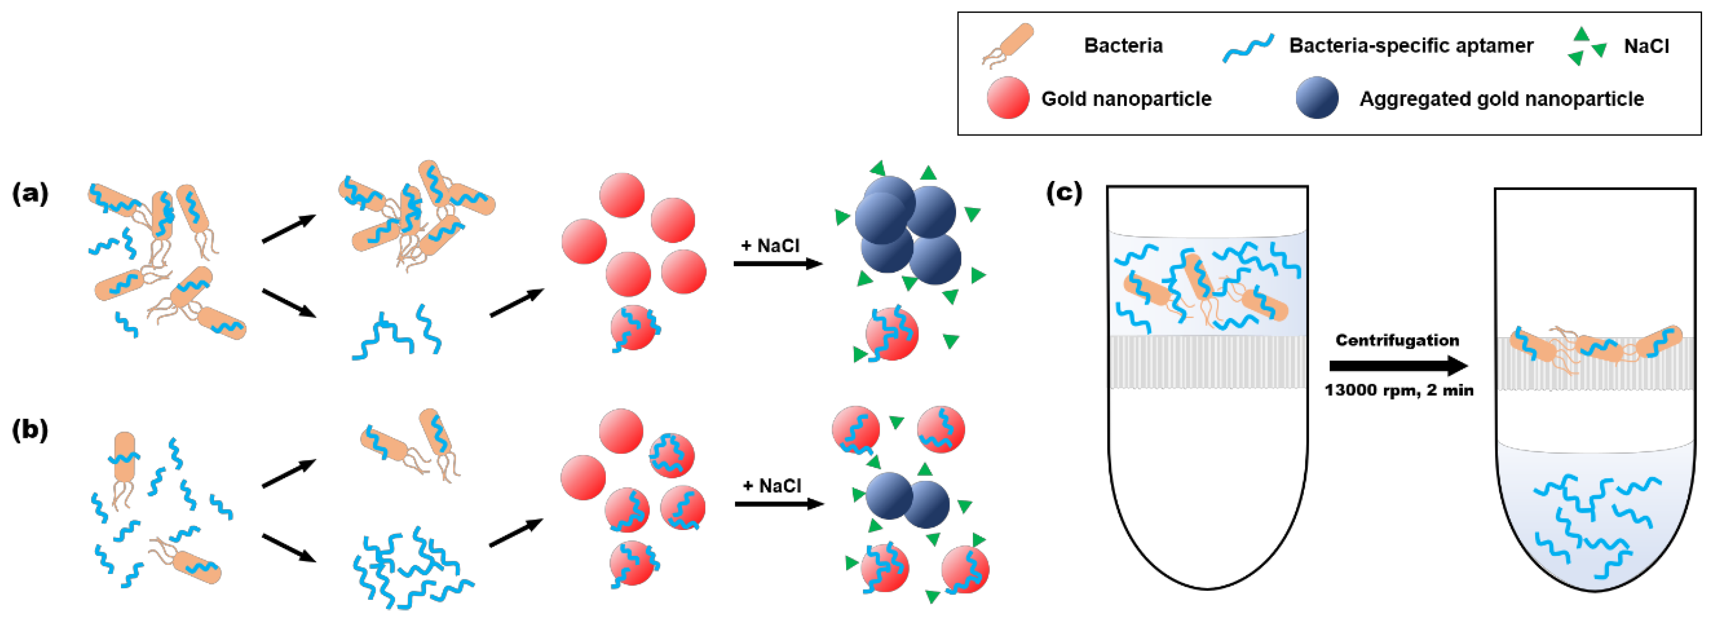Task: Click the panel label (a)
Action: tap(30, 194)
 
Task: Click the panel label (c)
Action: tap(1064, 193)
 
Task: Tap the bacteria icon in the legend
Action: tap(1008, 45)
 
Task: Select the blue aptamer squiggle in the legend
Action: tap(1248, 48)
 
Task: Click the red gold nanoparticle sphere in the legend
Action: tap(1008, 98)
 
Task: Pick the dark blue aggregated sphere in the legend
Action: tap(1317, 98)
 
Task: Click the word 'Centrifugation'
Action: tap(1397, 341)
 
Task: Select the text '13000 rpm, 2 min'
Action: tap(1398, 390)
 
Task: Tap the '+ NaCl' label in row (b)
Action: tap(771, 486)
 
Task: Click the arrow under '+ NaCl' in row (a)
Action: tap(777, 264)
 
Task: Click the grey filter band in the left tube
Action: tap(1207, 361)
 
